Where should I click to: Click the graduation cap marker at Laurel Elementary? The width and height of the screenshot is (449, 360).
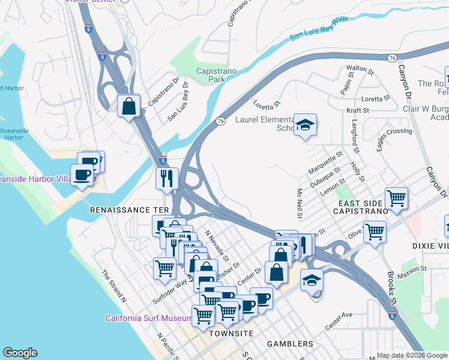click(x=306, y=125)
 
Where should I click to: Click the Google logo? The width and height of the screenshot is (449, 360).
click(x=20, y=353)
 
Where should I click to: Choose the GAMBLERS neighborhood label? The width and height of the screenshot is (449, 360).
click(x=290, y=344)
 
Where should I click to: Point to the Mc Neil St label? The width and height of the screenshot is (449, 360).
click(x=300, y=203)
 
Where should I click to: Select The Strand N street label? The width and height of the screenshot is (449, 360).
click(x=114, y=286)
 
